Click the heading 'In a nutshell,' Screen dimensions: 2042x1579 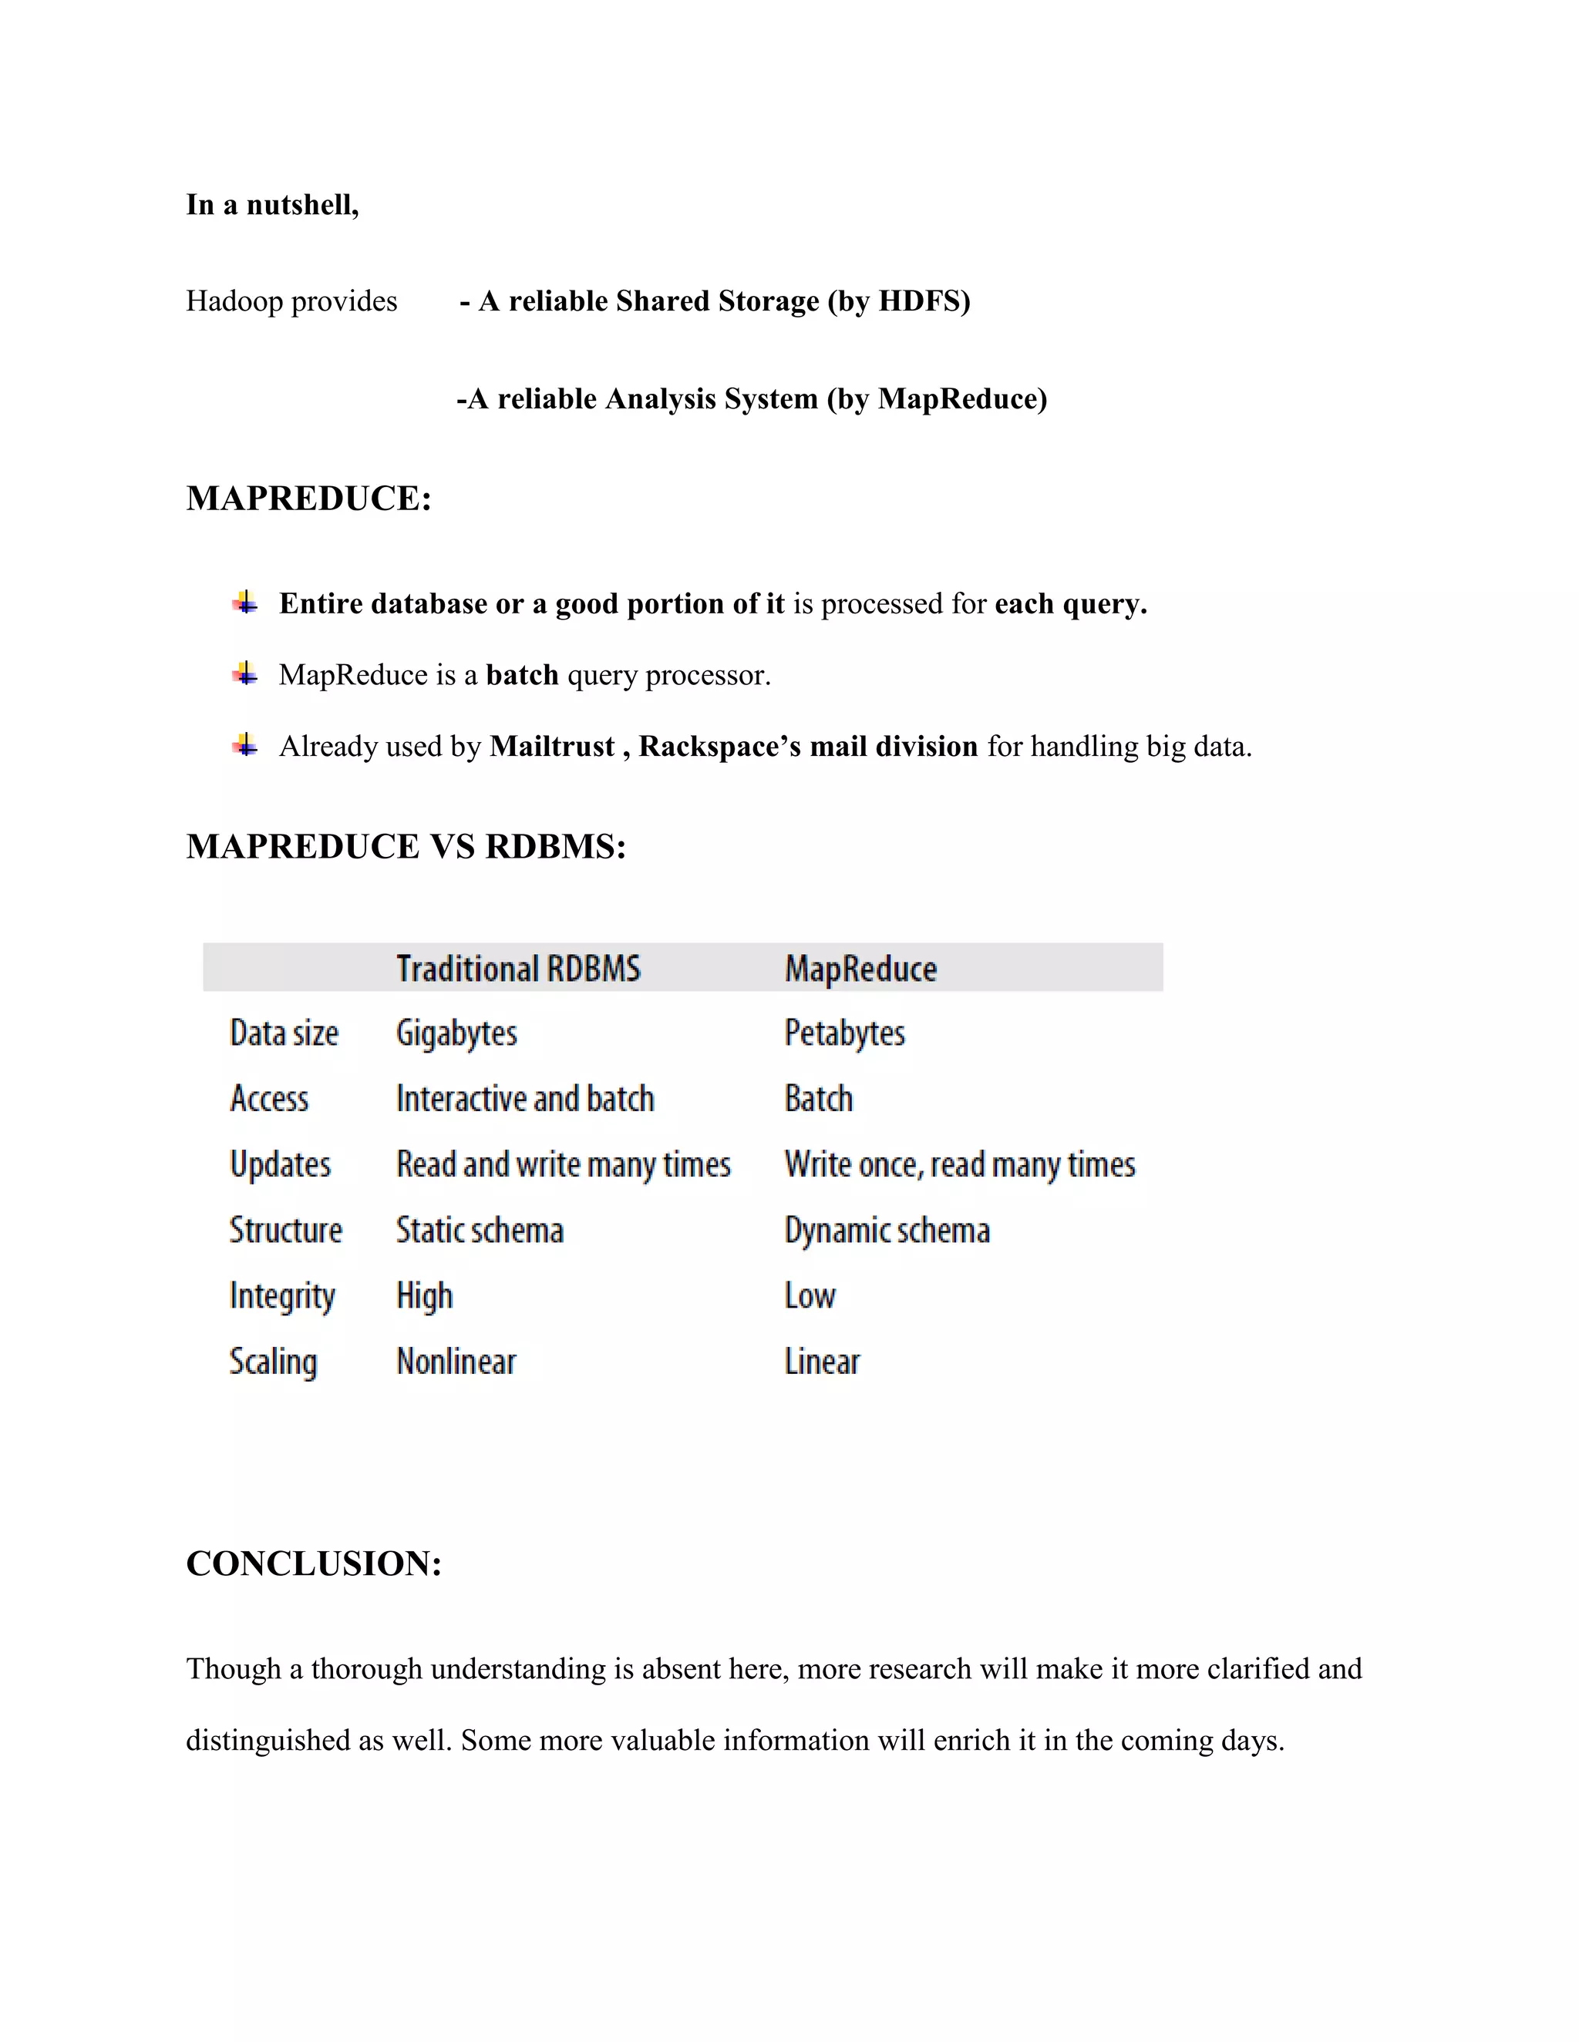click(272, 205)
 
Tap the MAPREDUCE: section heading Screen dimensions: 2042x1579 click(308, 499)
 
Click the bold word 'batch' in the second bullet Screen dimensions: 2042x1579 click(522, 674)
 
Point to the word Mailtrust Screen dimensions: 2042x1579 click(552, 746)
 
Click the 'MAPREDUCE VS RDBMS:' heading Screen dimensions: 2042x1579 click(406, 846)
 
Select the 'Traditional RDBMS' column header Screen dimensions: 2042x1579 click(518, 969)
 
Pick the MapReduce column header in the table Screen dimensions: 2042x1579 click(860, 969)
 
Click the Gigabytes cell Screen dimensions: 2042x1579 click(456, 1033)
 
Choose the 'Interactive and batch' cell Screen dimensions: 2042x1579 click(525, 1099)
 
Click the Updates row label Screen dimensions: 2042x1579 click(281, 1165)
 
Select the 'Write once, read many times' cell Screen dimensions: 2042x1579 click(960, 1165)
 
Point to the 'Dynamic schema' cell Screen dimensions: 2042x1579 click(887, 1231)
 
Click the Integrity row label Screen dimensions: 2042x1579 click(282, 1296)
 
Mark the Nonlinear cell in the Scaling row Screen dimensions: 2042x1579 click(456, 1362)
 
